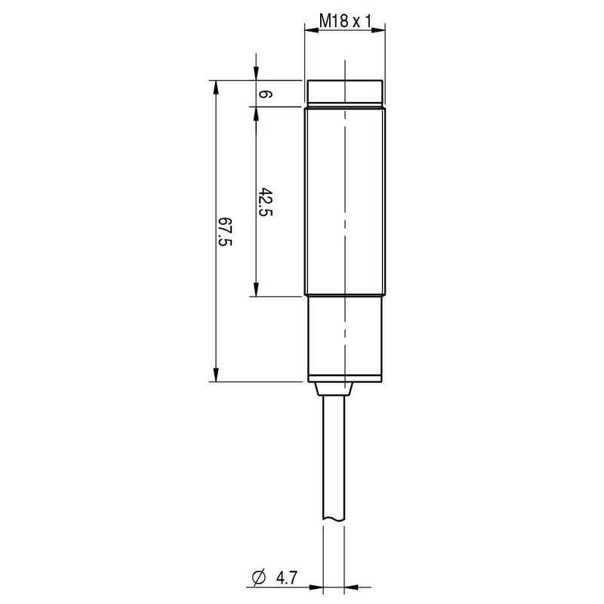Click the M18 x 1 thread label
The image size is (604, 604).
pos(345,22)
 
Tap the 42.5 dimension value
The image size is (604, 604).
pos(265,202)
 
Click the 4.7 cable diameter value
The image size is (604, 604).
pos(286,578)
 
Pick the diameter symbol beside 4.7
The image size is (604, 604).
pos(257,578)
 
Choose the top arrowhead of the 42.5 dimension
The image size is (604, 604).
pos(257,112)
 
